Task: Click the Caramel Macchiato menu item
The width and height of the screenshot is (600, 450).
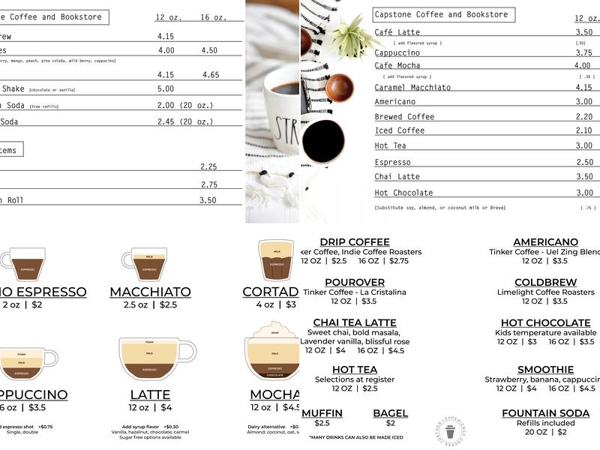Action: (x=412, y=88)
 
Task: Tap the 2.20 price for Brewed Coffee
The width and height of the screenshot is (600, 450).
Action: (x=583, y=117)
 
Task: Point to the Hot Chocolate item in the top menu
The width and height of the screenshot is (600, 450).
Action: (x=403, y=193)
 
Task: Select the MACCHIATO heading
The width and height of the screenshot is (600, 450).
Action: (x=150, y=292)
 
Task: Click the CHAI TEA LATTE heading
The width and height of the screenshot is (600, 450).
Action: (x=355, y=322)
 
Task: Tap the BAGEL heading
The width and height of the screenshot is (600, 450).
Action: (x=390, y=413)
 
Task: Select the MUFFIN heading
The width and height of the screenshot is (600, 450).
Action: (x=322, y=413)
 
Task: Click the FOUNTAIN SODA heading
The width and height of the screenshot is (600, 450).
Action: (x=545, y=413)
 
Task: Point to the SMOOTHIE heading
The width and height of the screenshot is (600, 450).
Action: (x=545, y=370)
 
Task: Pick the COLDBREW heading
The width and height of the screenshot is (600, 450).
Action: (x=545, y=282)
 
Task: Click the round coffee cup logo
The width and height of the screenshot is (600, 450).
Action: (x=449, y=431)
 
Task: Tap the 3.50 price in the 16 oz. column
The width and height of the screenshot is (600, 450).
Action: (x=208, y=200)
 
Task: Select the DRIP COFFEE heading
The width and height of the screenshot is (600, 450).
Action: (x=355, y=241)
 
